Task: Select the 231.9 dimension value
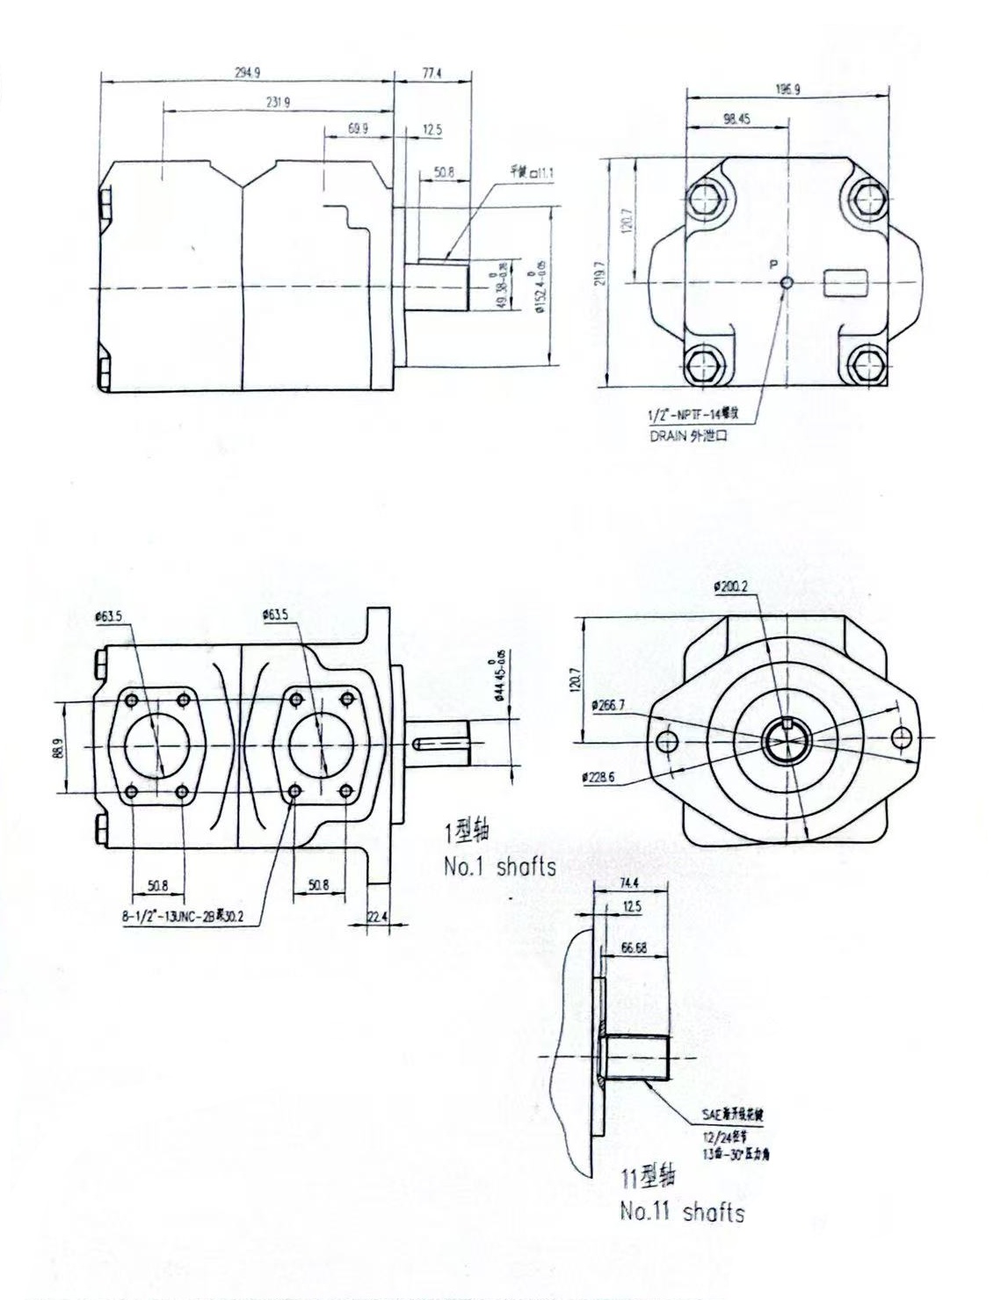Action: click(x=279, y=102)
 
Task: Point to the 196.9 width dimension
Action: click(x=787, y=89)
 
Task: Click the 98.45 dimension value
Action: click(x=736, y=120)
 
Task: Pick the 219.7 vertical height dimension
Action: click(x=600, y=273)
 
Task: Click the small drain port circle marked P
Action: click(x=787, y=282)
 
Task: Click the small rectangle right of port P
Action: click(x=845, y=283)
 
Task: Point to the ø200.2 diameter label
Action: click(x=732, y=586)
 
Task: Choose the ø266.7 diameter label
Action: click(x=608, y=705)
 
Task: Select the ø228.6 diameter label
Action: click(x=598, y=777)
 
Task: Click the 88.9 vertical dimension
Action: click(x=59, y=748)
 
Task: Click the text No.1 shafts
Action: click(x=499, y=868)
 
